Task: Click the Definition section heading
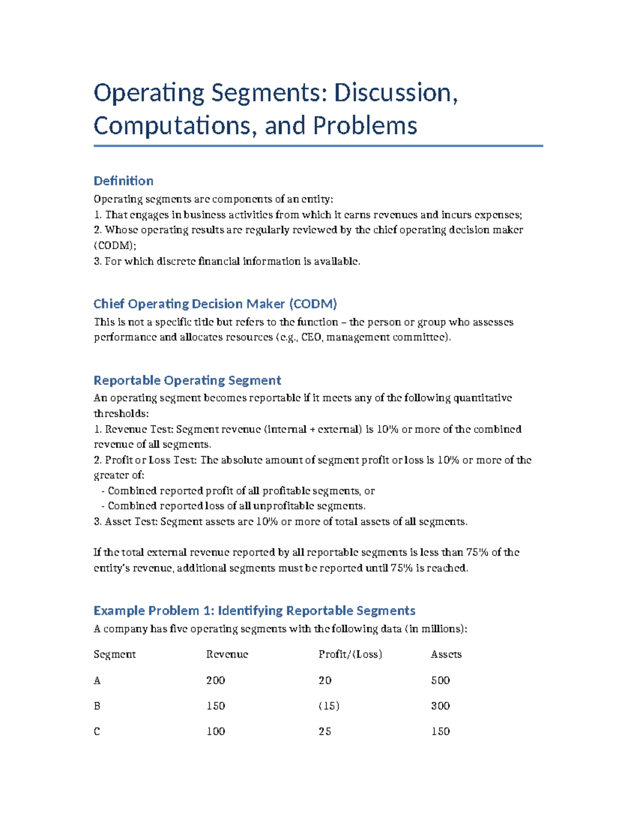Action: tap(123, 181)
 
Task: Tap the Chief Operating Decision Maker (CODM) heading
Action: tap(215, 304)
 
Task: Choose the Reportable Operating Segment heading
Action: tap(187, 380)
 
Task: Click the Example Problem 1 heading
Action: tap(254, 610)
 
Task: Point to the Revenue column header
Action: tap(227, 654)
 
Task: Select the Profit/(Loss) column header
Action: tap(350, 654)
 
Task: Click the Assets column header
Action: tap(446, 654)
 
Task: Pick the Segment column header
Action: tap(115, 654)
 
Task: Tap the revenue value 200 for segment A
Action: tap(216, 681)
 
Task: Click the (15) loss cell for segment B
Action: tap(329, 706)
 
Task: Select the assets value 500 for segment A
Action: tap(440, 681)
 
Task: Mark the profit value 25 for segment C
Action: tap(325, 732)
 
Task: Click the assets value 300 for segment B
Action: tap(440, 706)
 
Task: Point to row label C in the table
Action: tap(97, 732)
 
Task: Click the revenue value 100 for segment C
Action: tap(216, 732)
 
